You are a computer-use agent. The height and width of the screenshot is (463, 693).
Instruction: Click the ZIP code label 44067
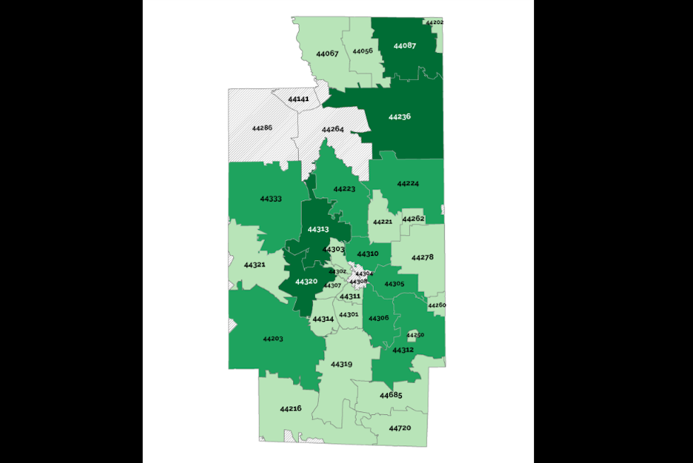pyautogui.click(x=327, y=54)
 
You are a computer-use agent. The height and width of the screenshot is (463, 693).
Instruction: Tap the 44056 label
pyautogui.click(x=362, y=51)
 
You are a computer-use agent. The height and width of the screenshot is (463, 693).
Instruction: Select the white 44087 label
pyautogui.click(x=404, y=46)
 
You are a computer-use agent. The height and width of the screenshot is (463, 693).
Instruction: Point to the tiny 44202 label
pyautogui.click(x=434, y=22)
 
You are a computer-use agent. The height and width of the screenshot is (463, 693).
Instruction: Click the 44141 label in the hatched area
pyautogui.click(x=298, y=100)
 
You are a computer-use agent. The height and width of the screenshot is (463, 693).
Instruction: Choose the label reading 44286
pyautogui.click(x=261, y=128)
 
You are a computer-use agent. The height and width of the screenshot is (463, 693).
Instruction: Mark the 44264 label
pyautogui.click(x=332, y=129)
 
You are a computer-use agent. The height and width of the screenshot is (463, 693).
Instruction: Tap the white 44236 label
pyautogui.click(x=399, y=116)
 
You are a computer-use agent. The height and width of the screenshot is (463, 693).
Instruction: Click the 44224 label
pyautogui.click(x=408, y=184)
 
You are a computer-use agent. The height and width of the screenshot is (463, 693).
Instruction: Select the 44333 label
pyautogui.click(x=271, y=199)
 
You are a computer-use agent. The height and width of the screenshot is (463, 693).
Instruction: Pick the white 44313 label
pyautogui.click(x=318, y=229)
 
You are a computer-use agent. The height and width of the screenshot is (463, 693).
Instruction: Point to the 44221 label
pyautogui.click(x=382, y=222)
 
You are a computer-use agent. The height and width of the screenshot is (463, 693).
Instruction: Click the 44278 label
pyautogui.click(x=422, y=257)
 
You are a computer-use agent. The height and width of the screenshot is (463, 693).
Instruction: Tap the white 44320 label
pyautogui.click(x=306, y=281)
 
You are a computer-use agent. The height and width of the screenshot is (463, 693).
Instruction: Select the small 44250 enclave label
pyautogui.click(x=415, y=334)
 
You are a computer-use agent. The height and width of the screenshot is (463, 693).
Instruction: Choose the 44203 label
pyautogui.click(x=273, y=339)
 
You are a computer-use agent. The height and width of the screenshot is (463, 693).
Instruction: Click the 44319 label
pyautogui.click(x=341, y=364)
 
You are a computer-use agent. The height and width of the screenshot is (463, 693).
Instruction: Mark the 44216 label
pyautogui.click(x=290, y=409)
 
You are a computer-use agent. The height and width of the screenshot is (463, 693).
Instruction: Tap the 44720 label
pyautogui.click(x=399, y=428)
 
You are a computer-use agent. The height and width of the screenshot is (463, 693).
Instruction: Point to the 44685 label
pyautogui.click(x=391, y=395)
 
